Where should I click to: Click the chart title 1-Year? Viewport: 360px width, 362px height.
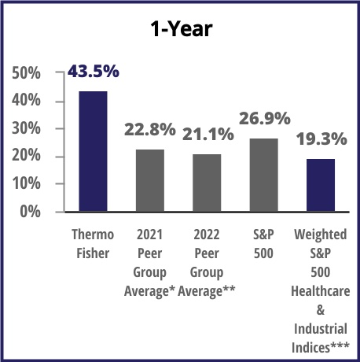181,29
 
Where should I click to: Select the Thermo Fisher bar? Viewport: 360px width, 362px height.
93,151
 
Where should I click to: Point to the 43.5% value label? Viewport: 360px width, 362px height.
93,72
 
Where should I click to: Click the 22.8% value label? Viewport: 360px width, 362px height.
150,128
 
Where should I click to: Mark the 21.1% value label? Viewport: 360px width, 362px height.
208,134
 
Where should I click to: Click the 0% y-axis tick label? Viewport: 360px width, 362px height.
32,212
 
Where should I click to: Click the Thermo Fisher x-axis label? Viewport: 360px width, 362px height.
93,244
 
